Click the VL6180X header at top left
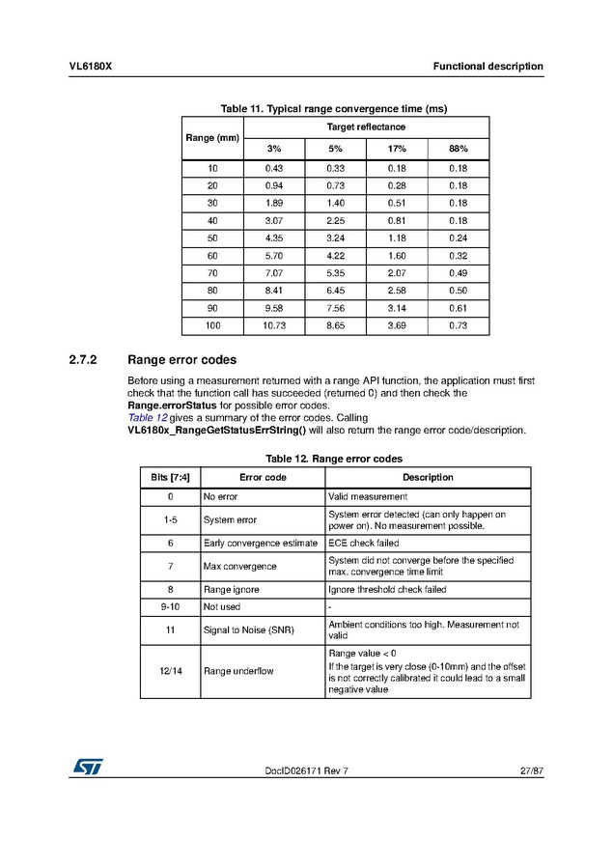(91, 67)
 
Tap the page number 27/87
(530, 769)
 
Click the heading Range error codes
(181, 360)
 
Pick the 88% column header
(458, 149)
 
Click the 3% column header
(274, 149)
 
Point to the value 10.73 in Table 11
(274, 326)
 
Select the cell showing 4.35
(274, 238)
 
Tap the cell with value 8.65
(335, 326)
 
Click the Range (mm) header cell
(212, 138)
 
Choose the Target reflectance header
(366, 127)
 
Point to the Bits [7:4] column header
(170, 477)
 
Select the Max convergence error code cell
(240, 566)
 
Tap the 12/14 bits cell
(170, 671)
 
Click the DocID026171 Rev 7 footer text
(305, 769)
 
